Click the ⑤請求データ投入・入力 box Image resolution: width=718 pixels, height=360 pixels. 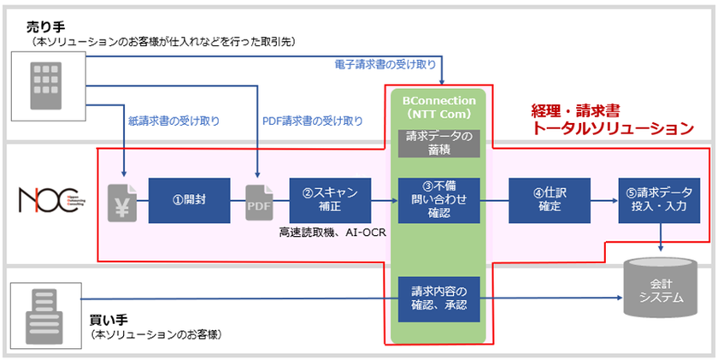coord(658,201)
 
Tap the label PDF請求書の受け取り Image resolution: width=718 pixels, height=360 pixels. coord(312,121)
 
